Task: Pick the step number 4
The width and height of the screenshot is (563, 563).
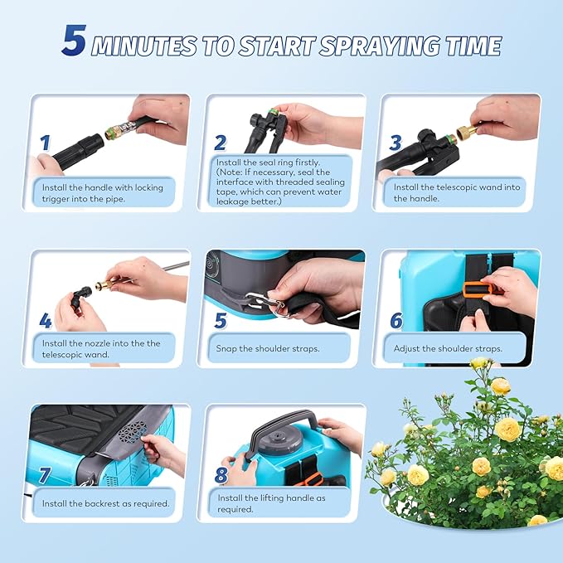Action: click(x=46, y=321)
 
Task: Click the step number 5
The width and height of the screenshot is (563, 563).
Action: click(x=220, y=321)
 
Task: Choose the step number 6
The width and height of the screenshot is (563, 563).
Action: click(x=396, y=321)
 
